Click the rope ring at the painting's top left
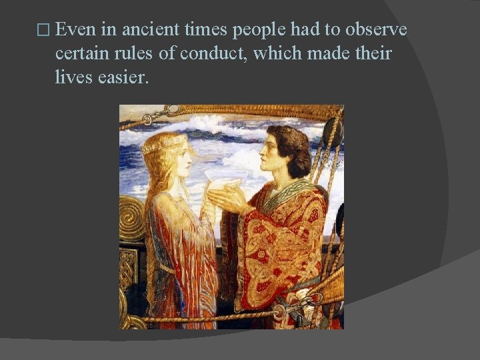click(173, 111)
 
